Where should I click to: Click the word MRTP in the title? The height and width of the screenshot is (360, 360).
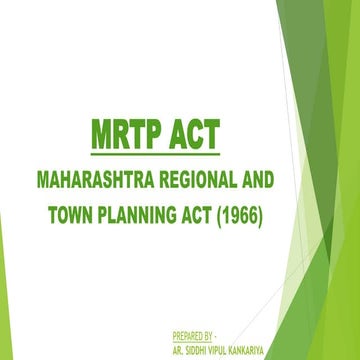click(x=111, y=137)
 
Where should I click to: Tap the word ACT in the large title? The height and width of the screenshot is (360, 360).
click(x=187, y=137)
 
